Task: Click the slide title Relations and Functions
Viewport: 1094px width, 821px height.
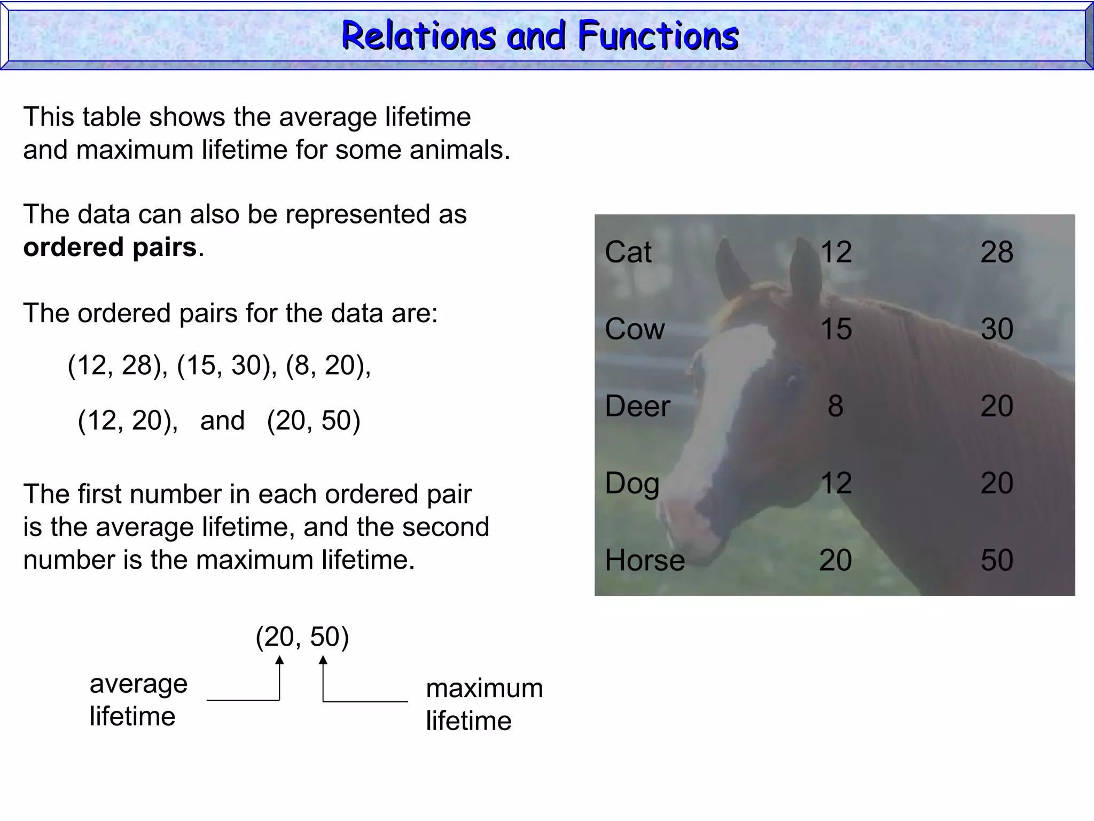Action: (x=540, y=36)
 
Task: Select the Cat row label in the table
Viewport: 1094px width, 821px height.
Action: (x=628, y=252)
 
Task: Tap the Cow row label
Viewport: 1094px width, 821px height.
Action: (x=635, y=329)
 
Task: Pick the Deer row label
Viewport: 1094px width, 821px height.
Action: (x=637, y=406)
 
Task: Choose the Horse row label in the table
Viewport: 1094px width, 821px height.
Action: (x=645, y=560)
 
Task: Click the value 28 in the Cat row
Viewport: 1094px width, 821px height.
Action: (x=996, y=252)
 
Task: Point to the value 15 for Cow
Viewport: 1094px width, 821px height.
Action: (x=836, y=329)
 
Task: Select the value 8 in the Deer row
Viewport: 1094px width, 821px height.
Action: (x=835, y=406)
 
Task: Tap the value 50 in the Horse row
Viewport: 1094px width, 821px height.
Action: (x=996, y=560)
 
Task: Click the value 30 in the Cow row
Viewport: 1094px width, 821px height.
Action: (x=996, y=329)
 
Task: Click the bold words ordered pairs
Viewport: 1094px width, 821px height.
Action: (x=110, y=247)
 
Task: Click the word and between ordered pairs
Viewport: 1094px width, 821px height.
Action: (x=222, y=421)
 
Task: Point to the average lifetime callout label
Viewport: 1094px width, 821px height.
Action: (x=138, y=700)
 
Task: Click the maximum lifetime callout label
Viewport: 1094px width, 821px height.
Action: (x=484, y=704)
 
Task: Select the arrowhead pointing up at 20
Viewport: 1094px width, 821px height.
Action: (x=279, y=661)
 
